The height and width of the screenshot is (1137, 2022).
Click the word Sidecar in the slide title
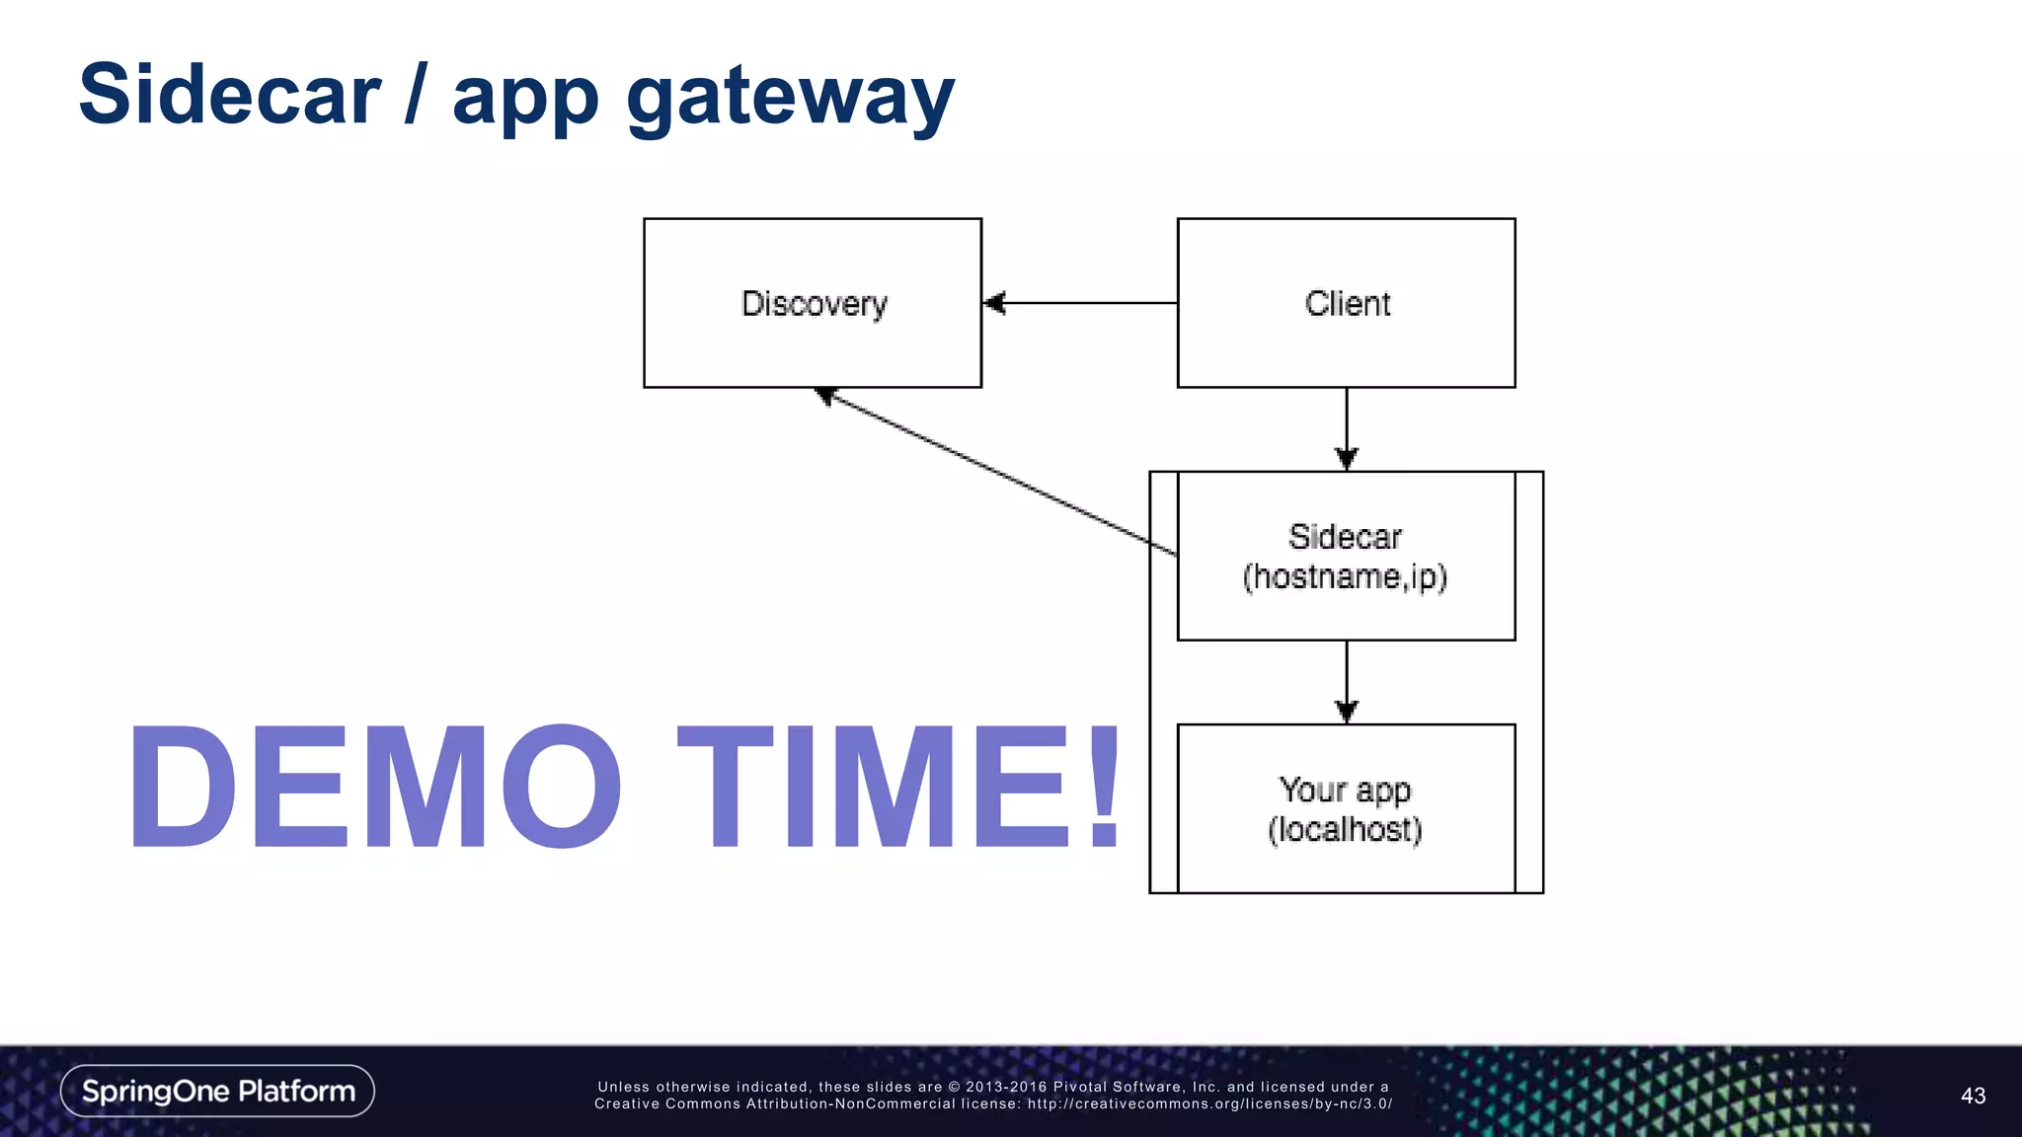click(229, 95)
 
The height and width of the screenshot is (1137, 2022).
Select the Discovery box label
click(814, 304)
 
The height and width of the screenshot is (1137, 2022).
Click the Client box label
click(1347, 304)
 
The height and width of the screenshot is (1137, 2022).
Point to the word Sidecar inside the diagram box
click(1345, 537)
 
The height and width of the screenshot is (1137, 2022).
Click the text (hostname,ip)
click(1345, 576)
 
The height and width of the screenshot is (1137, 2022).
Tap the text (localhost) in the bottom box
click(1345, 830)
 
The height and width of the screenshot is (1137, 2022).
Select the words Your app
click(1345, 791)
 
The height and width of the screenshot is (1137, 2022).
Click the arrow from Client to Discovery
click(1081, 303)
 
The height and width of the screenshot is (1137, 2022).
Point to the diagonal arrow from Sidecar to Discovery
click(997, 472)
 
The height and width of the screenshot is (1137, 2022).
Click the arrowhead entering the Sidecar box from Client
click(1347, 458)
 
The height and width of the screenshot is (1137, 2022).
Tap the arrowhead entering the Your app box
click(1347, 711)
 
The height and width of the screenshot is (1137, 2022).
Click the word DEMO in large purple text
click(375, 787)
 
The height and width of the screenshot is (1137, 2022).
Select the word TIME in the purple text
click(873, 787)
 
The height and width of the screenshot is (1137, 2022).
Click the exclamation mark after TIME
click(1103, 787)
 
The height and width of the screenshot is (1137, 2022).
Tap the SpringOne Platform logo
click(217, 1091)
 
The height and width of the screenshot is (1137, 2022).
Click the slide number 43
click(1973, 1096)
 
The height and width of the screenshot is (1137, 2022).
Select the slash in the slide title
click(416, 95)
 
